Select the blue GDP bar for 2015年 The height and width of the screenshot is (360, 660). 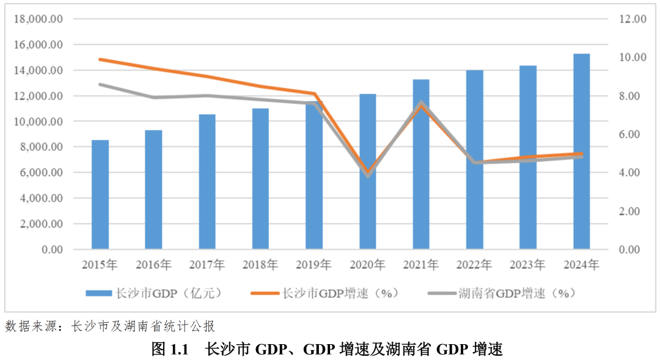pyautogui.click(x=100, y=194)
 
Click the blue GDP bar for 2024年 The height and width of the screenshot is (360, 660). pyautogui.click(x=581, y=152)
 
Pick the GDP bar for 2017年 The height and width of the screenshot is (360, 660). pyautogui.click(x=207, y=182)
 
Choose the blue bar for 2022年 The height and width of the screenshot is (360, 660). pyautogui.click(x=474, y=160)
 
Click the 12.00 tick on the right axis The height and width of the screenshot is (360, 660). pyautogui.click(x=632, y=19)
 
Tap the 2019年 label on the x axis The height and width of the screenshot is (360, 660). pyautogui.click(x=314, y=265)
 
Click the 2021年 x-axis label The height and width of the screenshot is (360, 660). pyautogui.click(x=421, y=265)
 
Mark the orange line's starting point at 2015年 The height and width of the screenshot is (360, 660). pyautogui.click(x=100, y=59)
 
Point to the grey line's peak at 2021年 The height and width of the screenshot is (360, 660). pyautogui.click(x=421, y=103)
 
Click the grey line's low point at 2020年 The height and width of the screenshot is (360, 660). pyautogui.click(x=367, y=175)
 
